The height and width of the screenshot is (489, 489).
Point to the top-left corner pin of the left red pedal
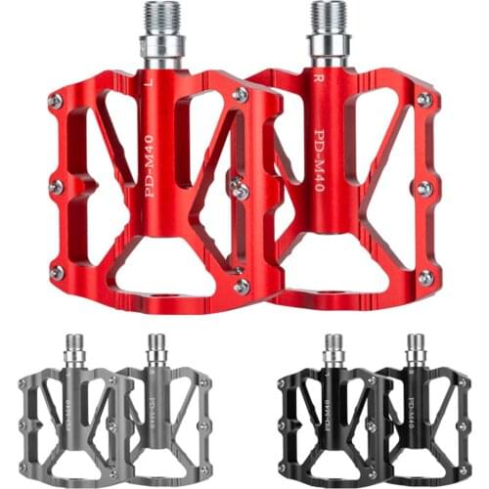[x=56, y=101]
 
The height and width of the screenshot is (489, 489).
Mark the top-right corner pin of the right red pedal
[x=424, y=99]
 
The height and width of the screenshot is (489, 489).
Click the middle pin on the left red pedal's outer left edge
[x=56, y=186]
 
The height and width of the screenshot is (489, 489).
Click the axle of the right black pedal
[x=417, y=347]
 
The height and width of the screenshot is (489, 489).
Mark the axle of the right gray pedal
[x=156, y=347]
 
